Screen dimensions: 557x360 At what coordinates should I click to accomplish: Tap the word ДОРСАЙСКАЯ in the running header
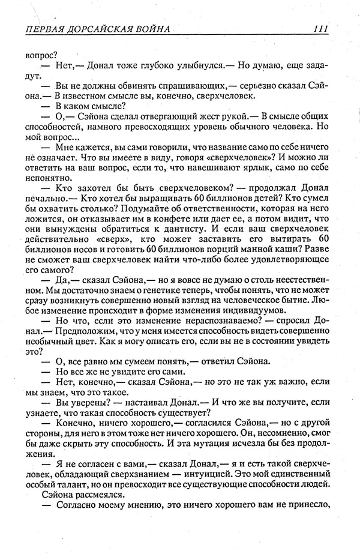pos(104,28)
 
